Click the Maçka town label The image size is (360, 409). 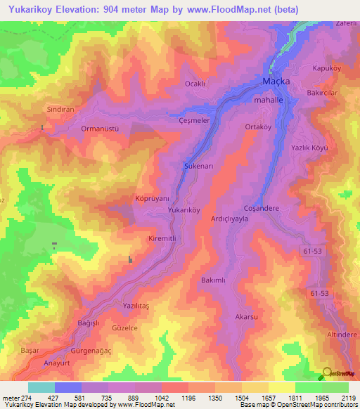(x=276, y=82)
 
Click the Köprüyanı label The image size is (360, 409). (x=153, y=199)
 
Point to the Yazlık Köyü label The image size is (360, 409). (x=310, y=148)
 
